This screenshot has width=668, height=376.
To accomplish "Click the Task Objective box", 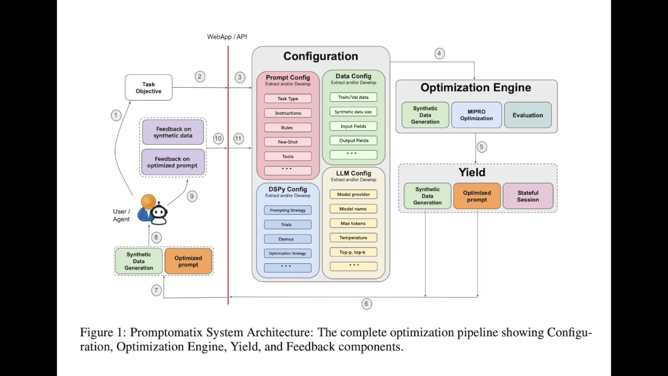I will click(x=149, y=88).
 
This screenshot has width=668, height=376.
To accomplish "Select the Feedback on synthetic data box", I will click(x=173, y=132).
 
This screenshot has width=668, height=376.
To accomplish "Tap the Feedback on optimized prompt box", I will click(x=172, y=162).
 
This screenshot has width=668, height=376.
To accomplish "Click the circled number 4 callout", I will click(x=439, y=53).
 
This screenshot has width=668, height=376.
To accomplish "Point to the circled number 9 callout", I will click(x=192, y=196).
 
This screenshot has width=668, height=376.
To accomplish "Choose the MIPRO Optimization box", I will click(x=476, y=115).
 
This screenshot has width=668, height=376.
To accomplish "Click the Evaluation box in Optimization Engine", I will click(x=528, y=115).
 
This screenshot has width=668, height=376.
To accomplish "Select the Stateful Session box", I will click(x=528, y=196).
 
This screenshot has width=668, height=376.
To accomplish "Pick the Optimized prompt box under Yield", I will click(x=477, y=196).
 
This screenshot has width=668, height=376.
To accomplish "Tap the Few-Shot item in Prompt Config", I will click(x=288, y=142).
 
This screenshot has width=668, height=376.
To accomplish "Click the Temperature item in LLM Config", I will click(x=353, y=238).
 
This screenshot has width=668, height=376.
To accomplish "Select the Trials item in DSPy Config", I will click(x=287, y=225).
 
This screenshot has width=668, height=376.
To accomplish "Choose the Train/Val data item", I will click(x=353, y=97).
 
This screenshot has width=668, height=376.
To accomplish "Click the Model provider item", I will click(x=353, y=194).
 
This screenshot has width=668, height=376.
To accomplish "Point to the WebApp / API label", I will click(x=227, y=37).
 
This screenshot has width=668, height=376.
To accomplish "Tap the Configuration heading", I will click(x=320, y=56).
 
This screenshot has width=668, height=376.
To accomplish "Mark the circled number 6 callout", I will click(x=366, y=304).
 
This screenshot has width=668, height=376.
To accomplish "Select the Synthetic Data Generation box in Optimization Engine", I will click(x=425, y=115).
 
